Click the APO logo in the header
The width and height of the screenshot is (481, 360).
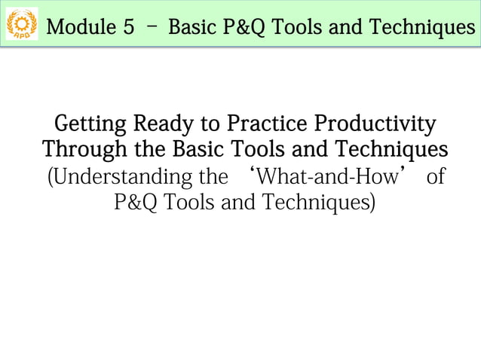click(21, 26)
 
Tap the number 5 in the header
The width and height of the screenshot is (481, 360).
click(129, 28)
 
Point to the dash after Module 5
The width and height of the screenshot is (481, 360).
click(152, 27)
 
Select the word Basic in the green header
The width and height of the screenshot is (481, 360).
click(194, 28)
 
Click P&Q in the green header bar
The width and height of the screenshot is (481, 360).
click(247, 28)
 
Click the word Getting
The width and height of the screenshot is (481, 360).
click(89, 123)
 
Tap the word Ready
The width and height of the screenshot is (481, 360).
click(163, 123)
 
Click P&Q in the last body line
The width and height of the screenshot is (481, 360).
click(136, 203)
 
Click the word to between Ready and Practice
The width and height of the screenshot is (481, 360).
click(211, 123)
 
